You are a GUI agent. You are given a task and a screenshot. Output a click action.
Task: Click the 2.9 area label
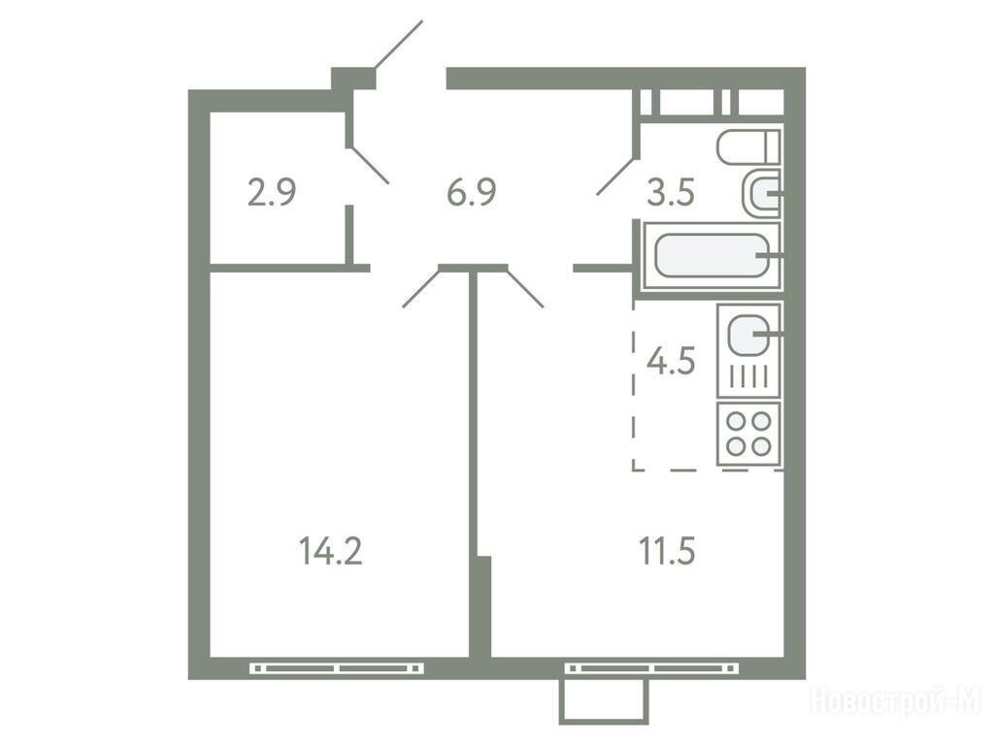[x=272, y=193]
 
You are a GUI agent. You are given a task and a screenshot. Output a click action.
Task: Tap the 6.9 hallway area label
[x=471, y=193]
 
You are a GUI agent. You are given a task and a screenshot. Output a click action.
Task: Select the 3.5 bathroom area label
[x=671, y=193]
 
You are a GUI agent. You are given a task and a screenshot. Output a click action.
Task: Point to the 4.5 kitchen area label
[x=671, y=361]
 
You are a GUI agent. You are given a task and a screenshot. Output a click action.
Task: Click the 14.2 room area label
[x=330, y=551]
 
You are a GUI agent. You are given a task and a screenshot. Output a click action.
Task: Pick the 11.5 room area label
[x=667, y=551]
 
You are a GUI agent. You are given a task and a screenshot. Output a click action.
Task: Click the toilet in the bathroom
[x=748, y=147]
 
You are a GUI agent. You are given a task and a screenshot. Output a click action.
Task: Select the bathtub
[x=712, y=256]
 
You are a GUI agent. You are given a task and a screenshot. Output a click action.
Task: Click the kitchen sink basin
[x=748, y=335]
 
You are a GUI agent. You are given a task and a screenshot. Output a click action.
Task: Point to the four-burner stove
[x=748, y=434]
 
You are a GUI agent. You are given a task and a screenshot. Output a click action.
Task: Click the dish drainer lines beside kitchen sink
[x=748, y=377]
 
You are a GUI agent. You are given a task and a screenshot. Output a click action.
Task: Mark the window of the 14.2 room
[x=337, y=667]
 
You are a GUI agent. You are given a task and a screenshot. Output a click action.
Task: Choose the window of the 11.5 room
[x=651, y=667]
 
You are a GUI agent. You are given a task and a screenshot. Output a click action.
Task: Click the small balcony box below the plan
[x=604, y=700]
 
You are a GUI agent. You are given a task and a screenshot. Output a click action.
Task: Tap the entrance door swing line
[x=399, y=44]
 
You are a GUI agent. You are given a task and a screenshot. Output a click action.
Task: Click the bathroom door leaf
[x=615, y=176]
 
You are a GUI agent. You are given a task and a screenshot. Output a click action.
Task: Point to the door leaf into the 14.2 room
[x=421, y=288]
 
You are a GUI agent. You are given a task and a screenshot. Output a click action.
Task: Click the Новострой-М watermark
[x=896, y=702]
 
